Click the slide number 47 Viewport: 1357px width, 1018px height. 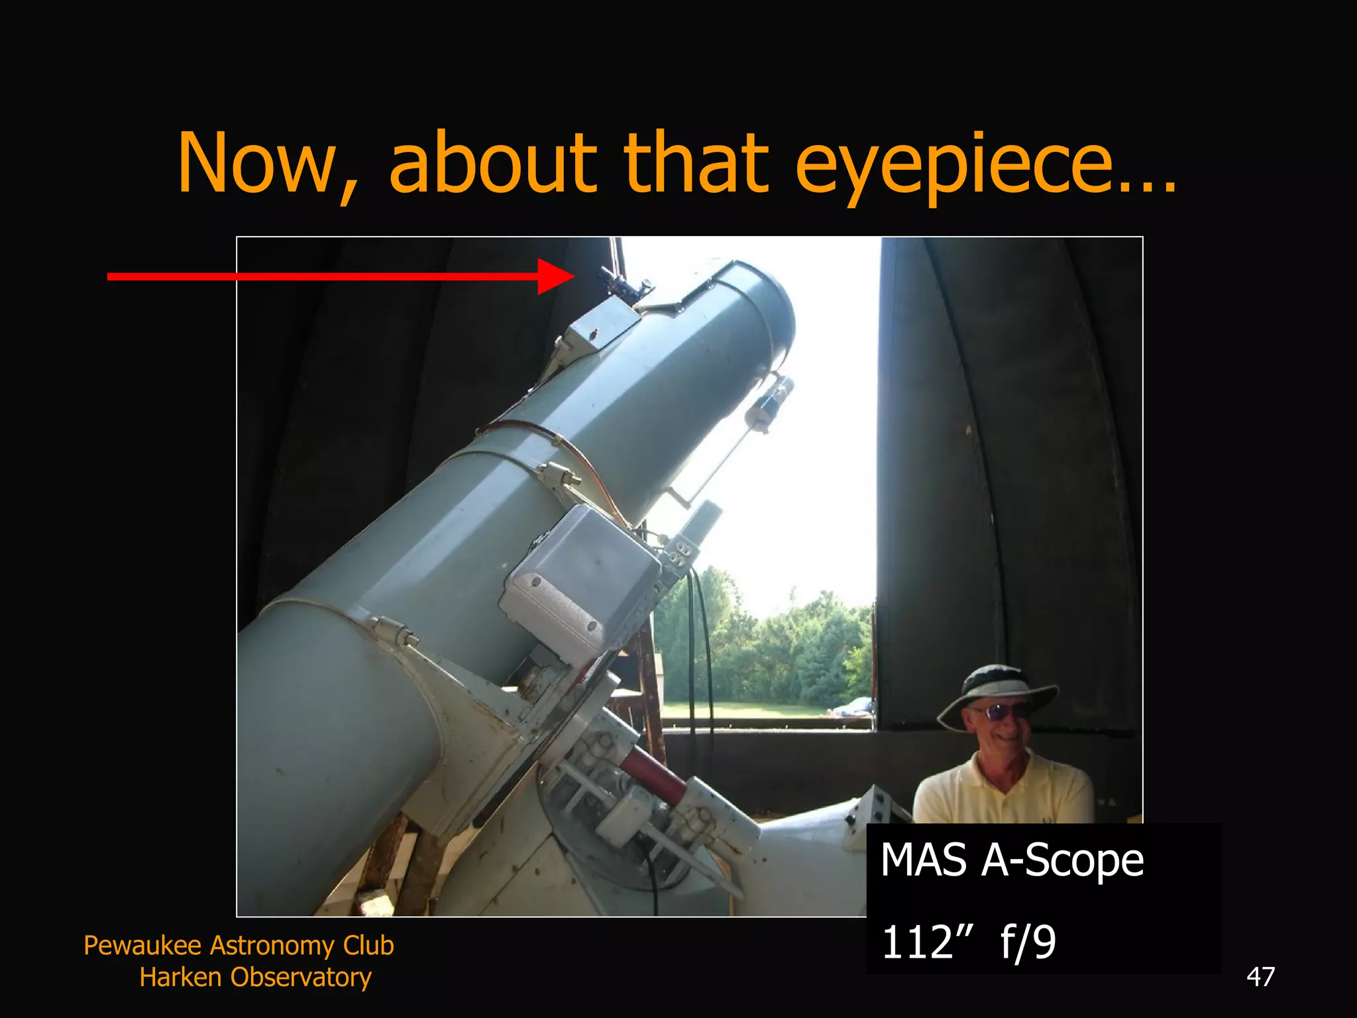(x=1260, y=977)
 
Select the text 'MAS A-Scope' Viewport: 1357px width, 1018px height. (x=1012, y=860)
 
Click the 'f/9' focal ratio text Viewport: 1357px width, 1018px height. (x=1028, y=942)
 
